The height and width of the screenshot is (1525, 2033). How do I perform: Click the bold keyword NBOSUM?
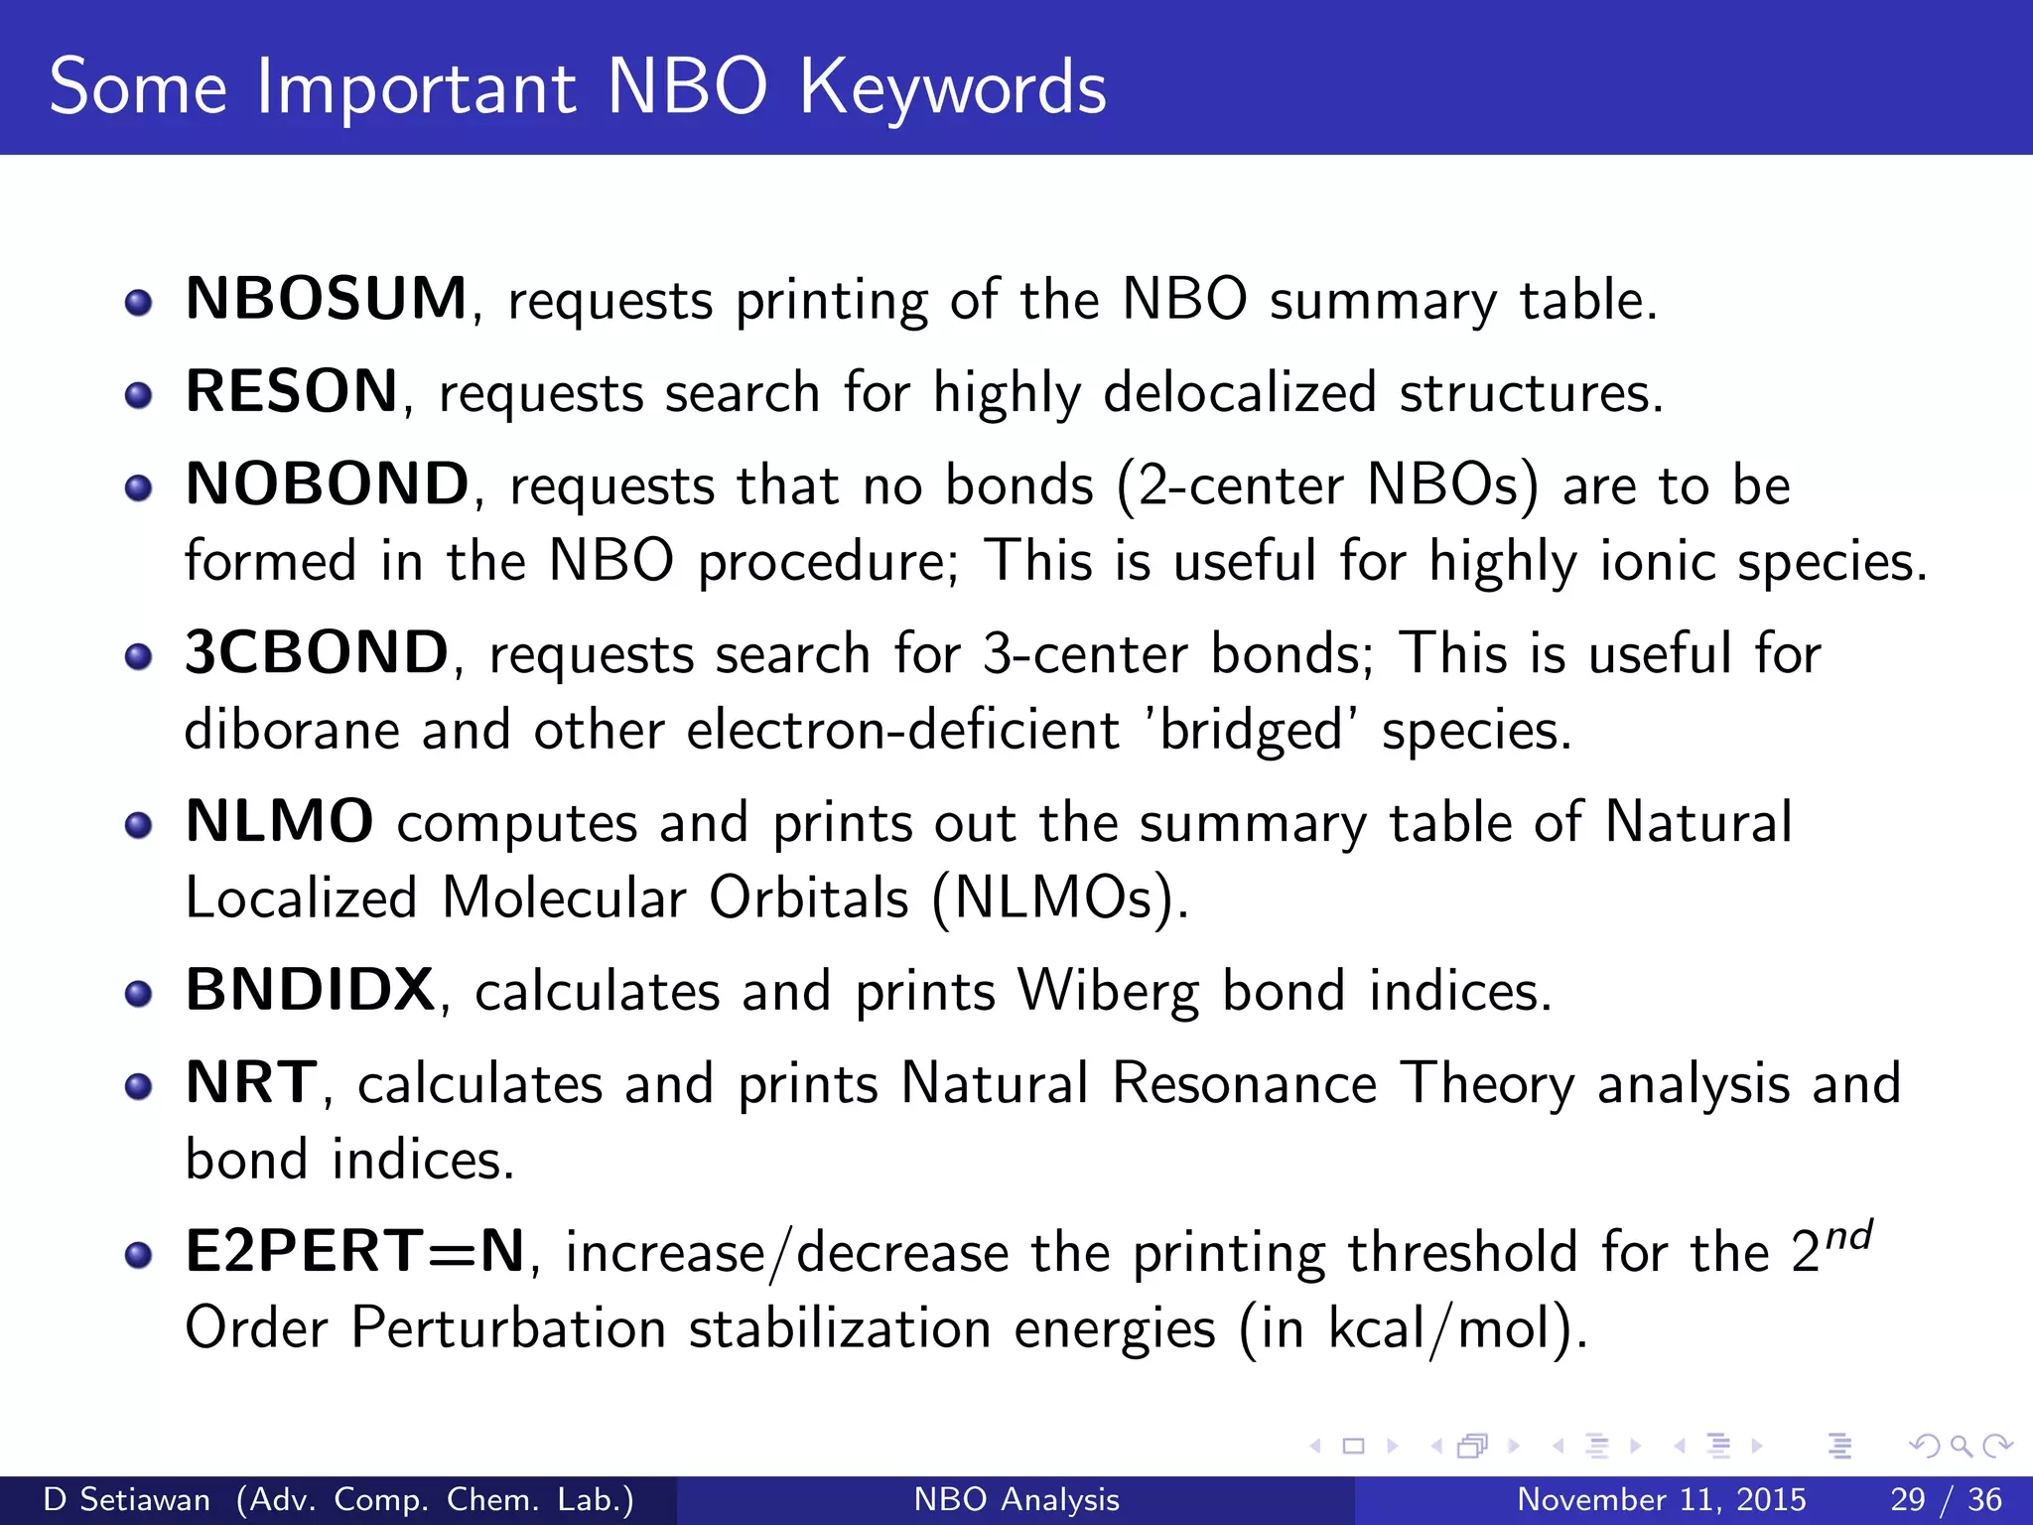coord(326,299)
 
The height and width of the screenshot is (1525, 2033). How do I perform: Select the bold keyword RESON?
coord(292,391)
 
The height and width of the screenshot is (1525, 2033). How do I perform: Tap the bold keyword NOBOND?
coord(327,485)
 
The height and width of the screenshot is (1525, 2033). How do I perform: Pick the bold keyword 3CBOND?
coord(317,653)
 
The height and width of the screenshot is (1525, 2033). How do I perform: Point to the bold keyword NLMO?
coord(279,822)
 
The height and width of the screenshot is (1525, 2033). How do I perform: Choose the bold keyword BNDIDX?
coord(310,991)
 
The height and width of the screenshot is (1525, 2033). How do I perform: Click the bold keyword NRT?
coord(252,1083)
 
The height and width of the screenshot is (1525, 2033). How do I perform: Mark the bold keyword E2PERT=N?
coord(355,1251)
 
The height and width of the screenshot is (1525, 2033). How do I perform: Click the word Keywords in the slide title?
coord(952,87)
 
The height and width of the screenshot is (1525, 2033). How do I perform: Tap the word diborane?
coord(292,731)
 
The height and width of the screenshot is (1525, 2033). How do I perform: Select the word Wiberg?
coord(1108,992)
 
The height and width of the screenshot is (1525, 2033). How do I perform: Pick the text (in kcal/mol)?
coord(1413,1328)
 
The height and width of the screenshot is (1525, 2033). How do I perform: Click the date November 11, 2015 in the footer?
coord(1661,1499)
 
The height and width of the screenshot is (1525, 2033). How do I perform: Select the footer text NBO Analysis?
coord(1016,1499)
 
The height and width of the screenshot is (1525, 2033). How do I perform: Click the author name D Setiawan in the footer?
coord(127,1499)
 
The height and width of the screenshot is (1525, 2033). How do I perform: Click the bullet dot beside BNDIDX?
coord(139,994)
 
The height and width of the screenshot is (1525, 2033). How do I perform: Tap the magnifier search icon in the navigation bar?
coord(1961,1446)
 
